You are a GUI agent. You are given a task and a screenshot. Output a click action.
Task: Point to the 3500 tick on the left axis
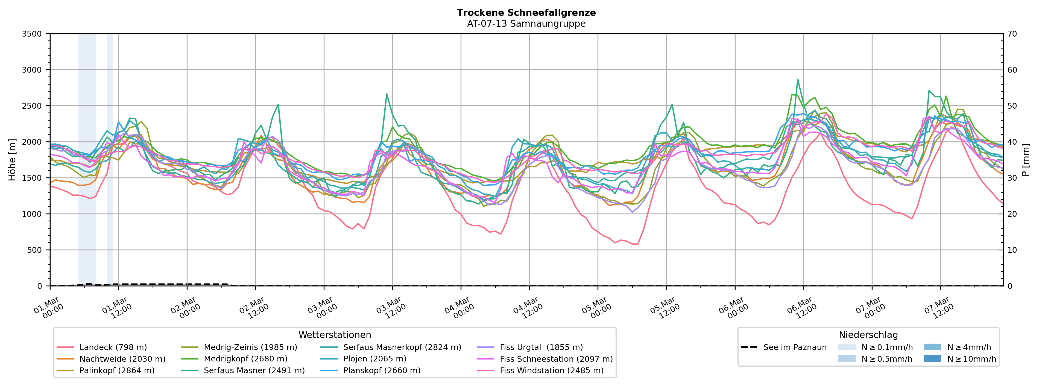(32, 34)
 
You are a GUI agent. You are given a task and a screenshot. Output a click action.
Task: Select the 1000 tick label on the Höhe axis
(32, 214)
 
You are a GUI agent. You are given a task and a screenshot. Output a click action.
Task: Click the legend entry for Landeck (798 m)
(113, 347)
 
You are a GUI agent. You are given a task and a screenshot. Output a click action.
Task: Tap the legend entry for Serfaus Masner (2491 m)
(254, 370)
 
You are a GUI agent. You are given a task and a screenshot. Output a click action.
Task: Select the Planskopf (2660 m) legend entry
(382, 370)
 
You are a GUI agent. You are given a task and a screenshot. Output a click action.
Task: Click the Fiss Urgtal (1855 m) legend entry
(541, 347)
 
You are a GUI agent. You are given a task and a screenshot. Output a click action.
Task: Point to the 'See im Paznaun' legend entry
(795, 347)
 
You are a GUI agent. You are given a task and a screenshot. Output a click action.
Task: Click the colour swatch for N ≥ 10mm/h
(932, 359)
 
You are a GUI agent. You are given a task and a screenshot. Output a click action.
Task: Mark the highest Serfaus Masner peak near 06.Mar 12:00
(797, 79)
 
